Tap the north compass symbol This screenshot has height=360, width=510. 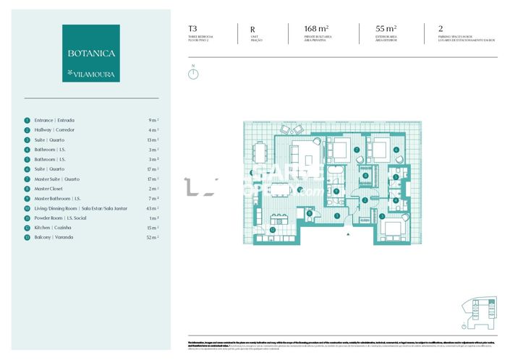click(193, 73)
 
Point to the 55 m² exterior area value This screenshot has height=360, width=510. click(375, 30)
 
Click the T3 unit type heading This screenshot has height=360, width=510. click(192, 30)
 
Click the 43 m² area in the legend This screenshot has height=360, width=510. click(153, 207)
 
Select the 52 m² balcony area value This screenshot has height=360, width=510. click(153, 237)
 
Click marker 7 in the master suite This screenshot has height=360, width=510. click(357, 150)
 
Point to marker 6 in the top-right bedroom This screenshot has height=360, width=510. click(396, 150)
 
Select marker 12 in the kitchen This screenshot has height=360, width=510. click(272, 230)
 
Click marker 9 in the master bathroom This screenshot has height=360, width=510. click(336, 191)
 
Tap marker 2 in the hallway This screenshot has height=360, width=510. click(365, 200)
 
